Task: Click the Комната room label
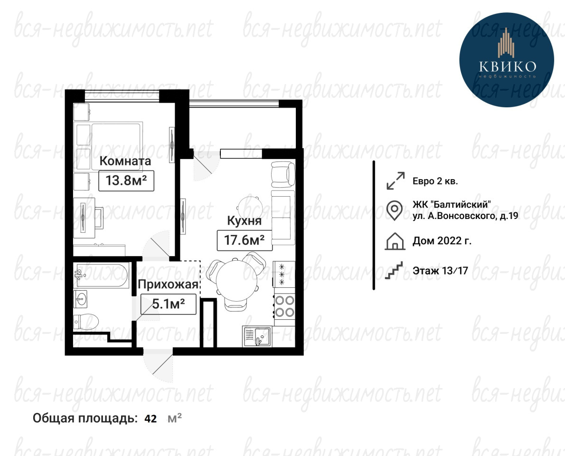pos(125,161)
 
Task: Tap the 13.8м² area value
pos(126,180)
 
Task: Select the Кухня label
pos(244,220)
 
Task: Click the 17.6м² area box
pos(245,240)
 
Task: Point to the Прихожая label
pos(168,285)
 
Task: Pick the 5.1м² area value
pos(168,304)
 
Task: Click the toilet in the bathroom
pos(86,322)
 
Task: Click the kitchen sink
pos(257,336)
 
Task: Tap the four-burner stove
pos(284,306)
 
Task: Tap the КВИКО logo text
pos(508,66)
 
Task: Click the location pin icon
pos(395,210)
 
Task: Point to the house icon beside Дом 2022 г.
pos(395,241)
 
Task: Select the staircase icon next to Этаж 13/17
pos(394,270)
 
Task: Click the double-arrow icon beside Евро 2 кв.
pos(395,180)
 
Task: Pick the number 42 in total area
pos(151,418)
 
